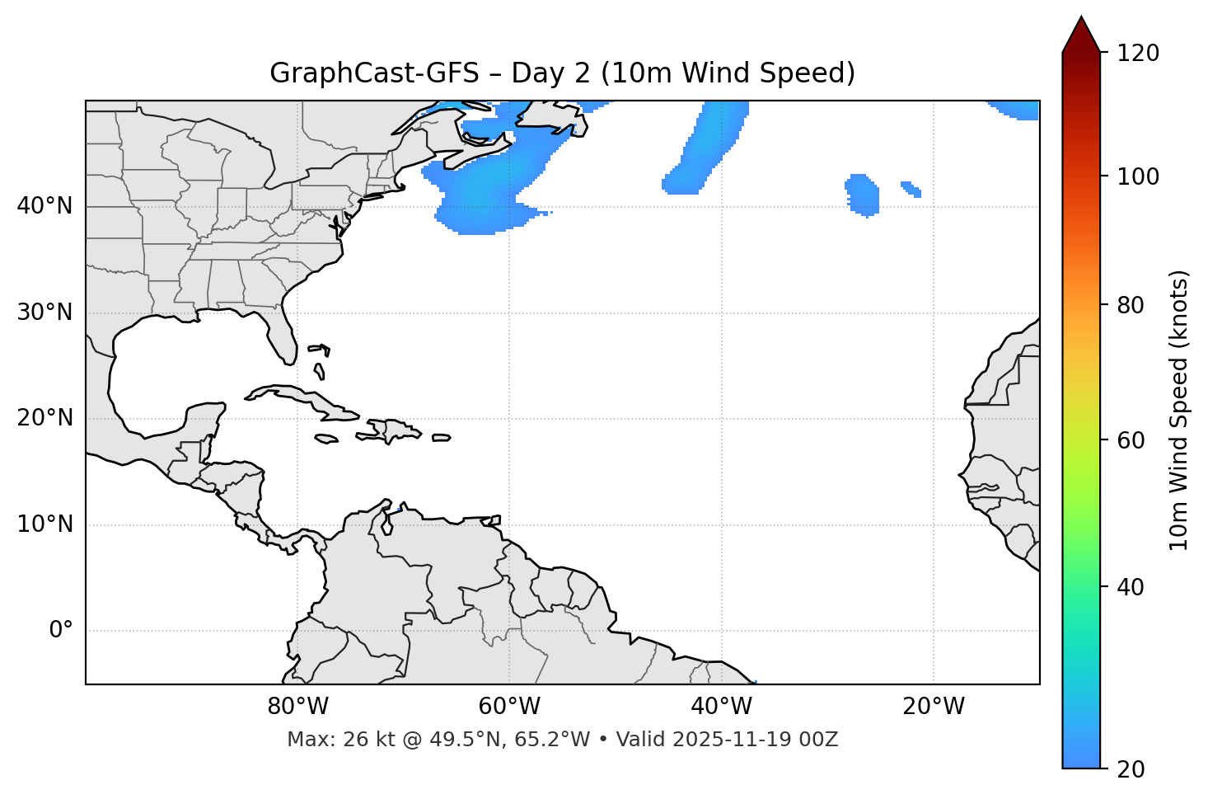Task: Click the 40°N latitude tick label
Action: (44, 206)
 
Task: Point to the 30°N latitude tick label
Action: (44, 313)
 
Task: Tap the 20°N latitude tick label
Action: (44, 418)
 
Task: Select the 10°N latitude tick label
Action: (44, 524)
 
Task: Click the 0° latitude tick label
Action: (61, 631)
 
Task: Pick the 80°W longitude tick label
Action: (297, 707)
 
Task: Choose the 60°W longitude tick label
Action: (509, 707)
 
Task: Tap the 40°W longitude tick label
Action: (721, 707)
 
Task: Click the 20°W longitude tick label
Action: (934, 707)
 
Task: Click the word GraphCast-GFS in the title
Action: (374, 73)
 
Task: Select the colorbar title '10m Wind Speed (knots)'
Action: (1179, 410)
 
